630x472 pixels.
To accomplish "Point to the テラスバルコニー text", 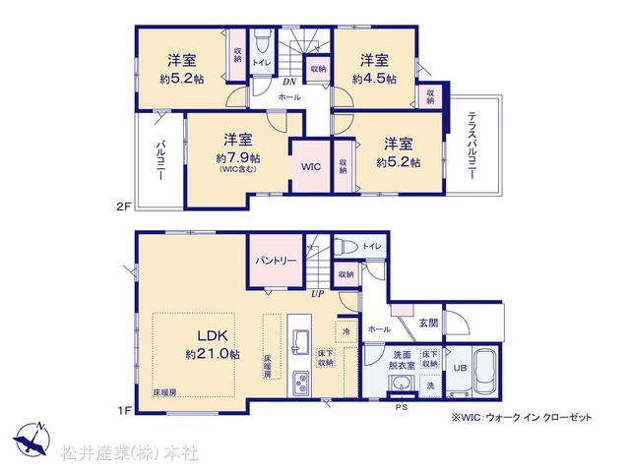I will pos(472,144).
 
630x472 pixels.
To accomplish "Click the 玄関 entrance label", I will pos(427,323).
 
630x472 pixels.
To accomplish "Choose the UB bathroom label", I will pos(459,368).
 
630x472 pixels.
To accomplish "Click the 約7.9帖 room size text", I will pos(237,157).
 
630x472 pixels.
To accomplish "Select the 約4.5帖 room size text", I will pos(375,79).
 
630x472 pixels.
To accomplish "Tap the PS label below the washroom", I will pos(401,406).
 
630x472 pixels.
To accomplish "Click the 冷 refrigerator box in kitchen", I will pos(346,331).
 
